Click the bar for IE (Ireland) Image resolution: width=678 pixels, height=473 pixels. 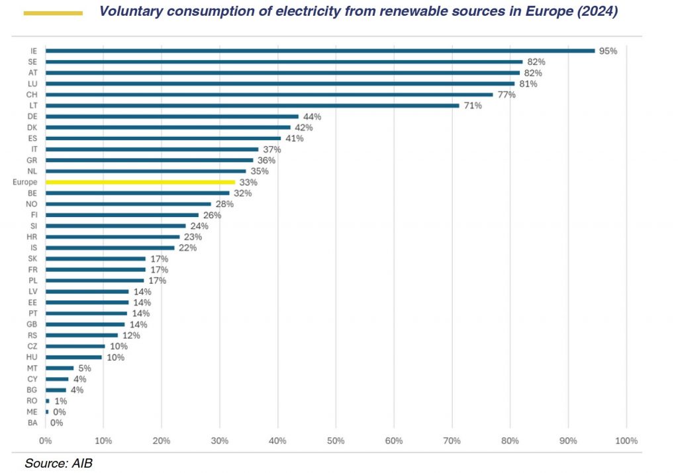[320, 50]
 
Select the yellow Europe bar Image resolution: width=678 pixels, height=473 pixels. [140, 182]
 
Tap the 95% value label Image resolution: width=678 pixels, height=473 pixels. [608, 51]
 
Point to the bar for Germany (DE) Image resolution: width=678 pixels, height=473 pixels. [171, 116]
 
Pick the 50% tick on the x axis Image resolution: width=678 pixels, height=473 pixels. [336, 440]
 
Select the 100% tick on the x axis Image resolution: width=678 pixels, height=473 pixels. [626, 440]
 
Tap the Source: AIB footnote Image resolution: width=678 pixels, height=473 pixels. [58, 463]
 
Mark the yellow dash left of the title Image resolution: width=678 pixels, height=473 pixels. [53, 13]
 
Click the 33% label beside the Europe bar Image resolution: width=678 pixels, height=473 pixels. [249, 182]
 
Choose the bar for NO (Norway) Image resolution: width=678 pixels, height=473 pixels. [128, 204]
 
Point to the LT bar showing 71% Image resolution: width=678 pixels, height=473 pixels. [252, 105]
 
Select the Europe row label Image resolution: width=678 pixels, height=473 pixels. [24, 182]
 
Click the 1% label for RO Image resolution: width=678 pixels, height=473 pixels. [61, 401]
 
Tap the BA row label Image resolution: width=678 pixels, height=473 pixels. [33, 423]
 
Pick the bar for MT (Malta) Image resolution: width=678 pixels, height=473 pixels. [60, 368]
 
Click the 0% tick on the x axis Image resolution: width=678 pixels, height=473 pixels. [45, 440]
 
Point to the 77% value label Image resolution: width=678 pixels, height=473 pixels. [507, 95]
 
